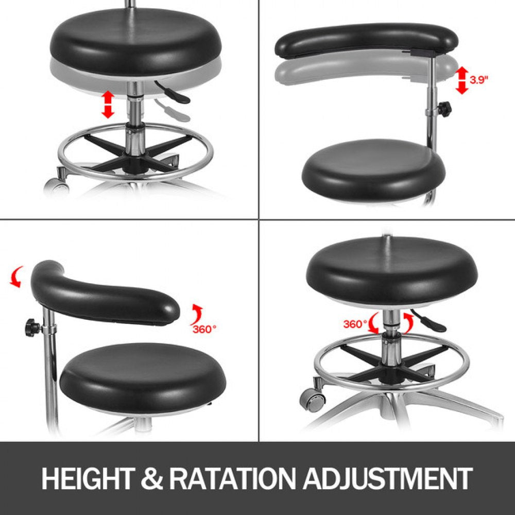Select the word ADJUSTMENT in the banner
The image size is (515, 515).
pyautogui.click(x=387, y=478)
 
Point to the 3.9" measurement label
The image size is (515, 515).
pyautogui.click(x=478, y=80)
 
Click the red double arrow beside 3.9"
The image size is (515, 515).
pyautogui.click(x=462, y=80)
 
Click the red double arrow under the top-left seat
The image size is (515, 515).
pyautogui.click(x=107, y=104)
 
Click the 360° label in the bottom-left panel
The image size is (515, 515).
pyautogui.click(x=204, y=330)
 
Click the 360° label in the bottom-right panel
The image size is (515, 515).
pyautogui.click(x=355, y=324)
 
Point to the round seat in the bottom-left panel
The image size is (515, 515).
pyautogui.click(x=136, y=376)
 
